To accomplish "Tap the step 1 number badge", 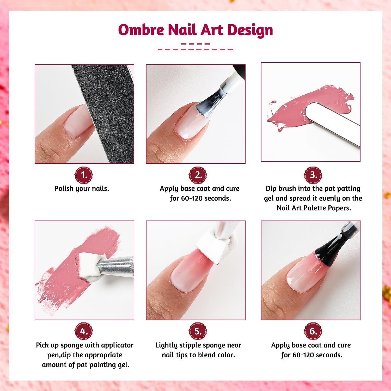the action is [x=84, y=175].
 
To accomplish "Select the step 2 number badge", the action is [x=198, y=175].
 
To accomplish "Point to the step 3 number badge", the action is [x=313, y=175].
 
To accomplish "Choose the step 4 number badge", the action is [x=84, y=332].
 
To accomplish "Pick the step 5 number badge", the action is [x=198, y=332].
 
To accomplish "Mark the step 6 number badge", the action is [x=313, y=332].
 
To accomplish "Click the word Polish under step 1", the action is [x=64, y=188].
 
